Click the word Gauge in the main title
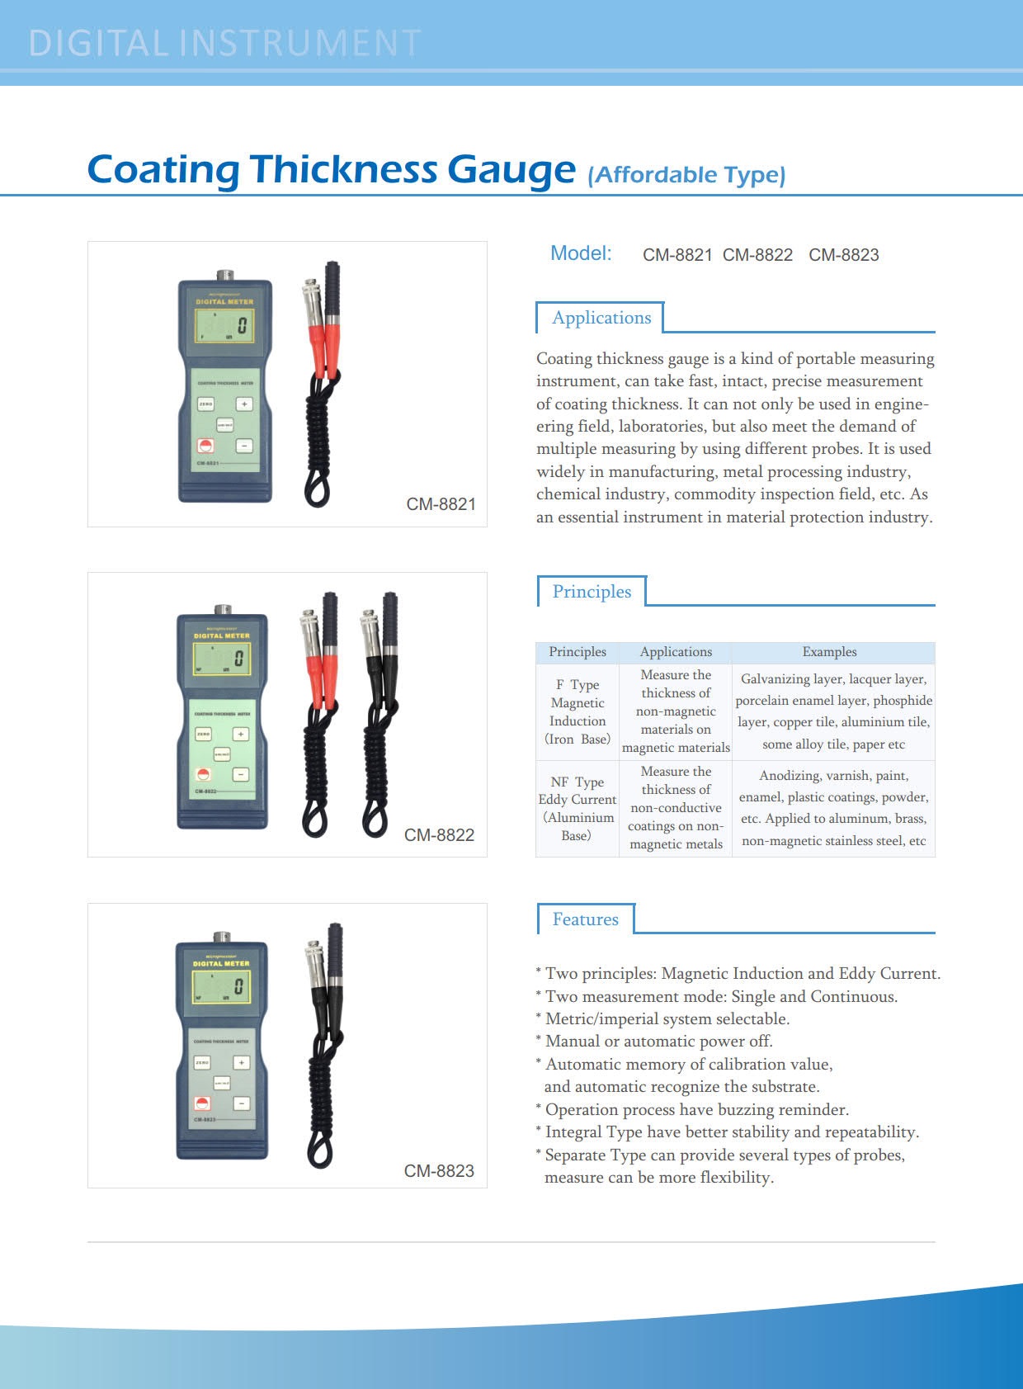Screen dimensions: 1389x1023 (x=511, y=169)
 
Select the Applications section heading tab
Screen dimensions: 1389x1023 (x=601, y=318)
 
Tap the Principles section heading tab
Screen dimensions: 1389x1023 (x=592, y=592)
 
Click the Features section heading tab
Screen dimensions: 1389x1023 (x=585, y=919)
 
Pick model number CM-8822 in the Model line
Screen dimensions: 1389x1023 (x=757, y=255)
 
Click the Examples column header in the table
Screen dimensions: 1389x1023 (x=829, y=652)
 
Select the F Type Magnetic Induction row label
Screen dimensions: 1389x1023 (x=577, y=711)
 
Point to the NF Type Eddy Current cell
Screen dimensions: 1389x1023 (x=577, y=808)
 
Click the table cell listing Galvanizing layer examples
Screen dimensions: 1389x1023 (x=833, y=711)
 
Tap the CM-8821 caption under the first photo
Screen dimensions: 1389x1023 (x=441, y=504)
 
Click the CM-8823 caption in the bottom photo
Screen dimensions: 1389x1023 (x=439, y=1171)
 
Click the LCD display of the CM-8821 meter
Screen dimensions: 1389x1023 (x=224, y=326)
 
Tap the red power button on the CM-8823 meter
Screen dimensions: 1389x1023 (x=202, y=1103)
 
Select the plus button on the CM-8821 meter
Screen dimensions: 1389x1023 (x=244, y=404)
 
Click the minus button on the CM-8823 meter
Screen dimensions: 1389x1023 (x=242, y=1103)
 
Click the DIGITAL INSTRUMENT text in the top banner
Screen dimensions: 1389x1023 (x=224, y=43)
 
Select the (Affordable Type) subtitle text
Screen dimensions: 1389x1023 (x=686, y=175)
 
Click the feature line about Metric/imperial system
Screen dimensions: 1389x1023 (x=667, y=1018)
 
